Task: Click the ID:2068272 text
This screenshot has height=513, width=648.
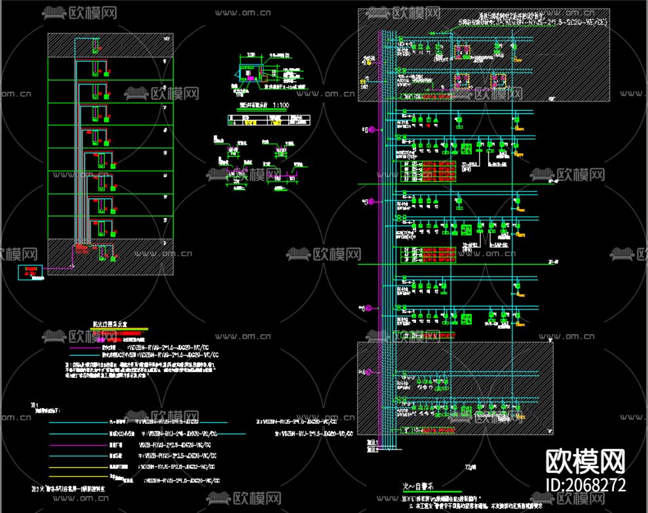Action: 585,485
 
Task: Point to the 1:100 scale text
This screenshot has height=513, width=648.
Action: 281,105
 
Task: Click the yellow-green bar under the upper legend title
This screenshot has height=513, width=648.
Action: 119,329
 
